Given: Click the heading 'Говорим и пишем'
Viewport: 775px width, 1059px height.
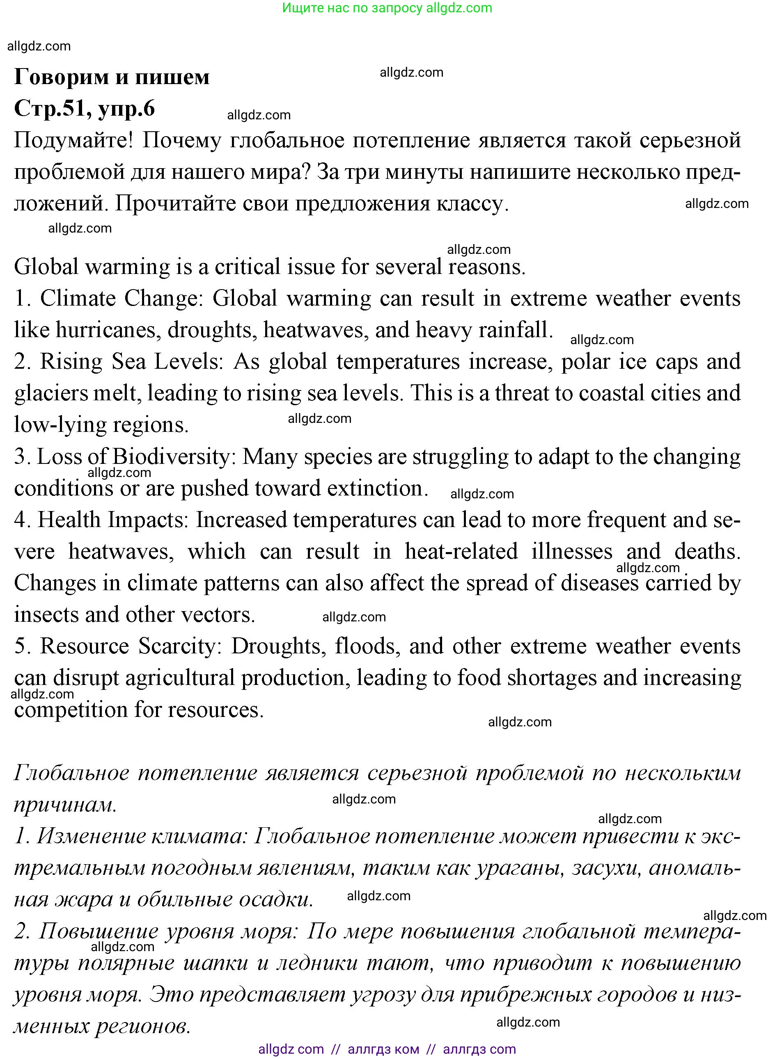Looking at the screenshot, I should tap(112, 77).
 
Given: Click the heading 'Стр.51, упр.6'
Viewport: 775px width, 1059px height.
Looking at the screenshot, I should tap(85, 108).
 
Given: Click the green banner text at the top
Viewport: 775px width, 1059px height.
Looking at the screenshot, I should tap(387, 8).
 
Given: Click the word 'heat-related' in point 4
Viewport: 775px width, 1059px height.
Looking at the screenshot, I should tap(461, 552).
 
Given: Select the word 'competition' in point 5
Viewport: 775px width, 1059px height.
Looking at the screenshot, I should tap(70, 710).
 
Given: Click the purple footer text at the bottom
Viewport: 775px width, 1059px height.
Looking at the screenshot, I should tap(387, 1049).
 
